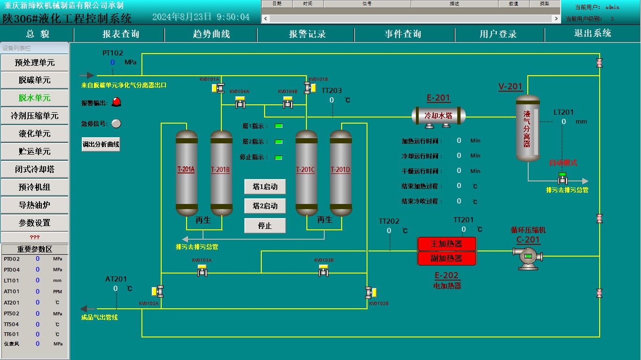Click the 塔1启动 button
(265, 187)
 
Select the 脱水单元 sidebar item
(35, 98)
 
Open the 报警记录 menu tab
(307, 34)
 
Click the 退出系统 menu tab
(593, 33)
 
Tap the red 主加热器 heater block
(446, 244)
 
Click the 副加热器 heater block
(446, 258)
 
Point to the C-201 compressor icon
(528, 257)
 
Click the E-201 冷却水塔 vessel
(438, 116)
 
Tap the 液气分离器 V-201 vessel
(527, 128)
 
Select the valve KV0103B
(323, 270)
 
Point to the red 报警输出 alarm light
(116, 102)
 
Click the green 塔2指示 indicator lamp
(279, 141)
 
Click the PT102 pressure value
(113, 63)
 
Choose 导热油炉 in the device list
(35, 205)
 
